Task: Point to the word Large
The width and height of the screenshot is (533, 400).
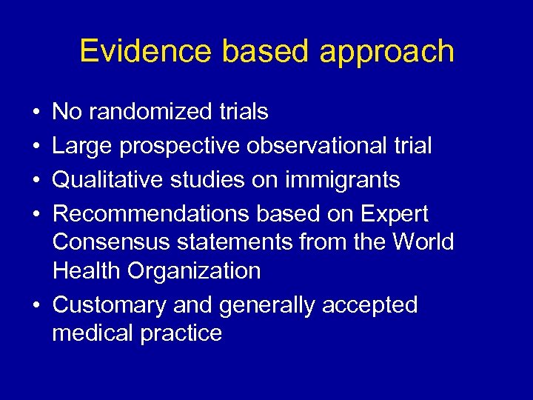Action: click(x=82, y=147)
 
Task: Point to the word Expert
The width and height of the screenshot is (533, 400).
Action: click(x=394, y=215)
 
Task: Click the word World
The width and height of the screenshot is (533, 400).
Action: click(x=423, y=242)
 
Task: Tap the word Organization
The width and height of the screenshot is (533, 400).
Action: click(x=194, y=271)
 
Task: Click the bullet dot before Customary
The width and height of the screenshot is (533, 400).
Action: click(x=36, y=305)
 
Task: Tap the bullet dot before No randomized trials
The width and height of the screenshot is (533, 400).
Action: click(x=36, y=113)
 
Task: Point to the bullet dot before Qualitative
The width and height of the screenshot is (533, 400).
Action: click(x=36, y=180)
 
